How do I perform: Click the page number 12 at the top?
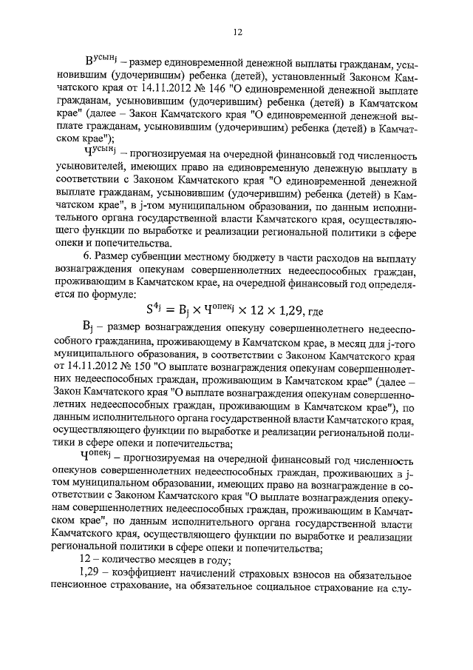237,32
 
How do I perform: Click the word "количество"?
130,561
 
